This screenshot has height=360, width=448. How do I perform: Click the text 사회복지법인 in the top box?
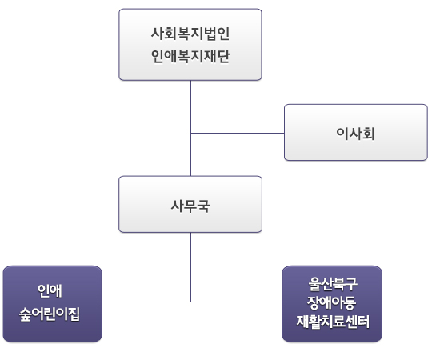coord(190,34)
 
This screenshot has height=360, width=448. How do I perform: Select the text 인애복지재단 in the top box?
coord(190,56)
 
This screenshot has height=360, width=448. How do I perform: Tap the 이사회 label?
coord(355,133)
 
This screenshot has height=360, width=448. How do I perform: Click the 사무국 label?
coord(190,206)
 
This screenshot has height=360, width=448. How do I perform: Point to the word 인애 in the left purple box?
coord(50,291)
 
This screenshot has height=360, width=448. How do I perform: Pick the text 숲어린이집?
coord(50,314)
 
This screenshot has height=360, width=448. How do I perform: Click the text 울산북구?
coord(333,284)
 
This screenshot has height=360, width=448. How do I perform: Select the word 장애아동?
coord(331,302)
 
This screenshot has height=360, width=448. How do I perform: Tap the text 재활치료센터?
coord(333,322)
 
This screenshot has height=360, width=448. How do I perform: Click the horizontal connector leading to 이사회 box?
coord(238,133)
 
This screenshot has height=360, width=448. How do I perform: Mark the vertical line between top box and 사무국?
coord(191,128)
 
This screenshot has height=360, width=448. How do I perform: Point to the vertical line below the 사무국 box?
coord(191,267)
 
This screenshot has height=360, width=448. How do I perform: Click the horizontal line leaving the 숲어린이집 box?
coord(146,302)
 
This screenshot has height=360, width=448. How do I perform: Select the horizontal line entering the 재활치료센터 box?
coord(237,302)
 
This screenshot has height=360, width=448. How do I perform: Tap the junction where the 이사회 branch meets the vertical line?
coord(191,133)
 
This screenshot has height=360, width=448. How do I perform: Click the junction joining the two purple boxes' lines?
coord(191,302)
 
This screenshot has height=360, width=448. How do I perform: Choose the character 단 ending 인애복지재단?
coord(224,56)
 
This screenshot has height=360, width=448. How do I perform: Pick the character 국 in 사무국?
coord(204,206)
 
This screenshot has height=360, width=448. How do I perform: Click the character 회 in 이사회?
coord(369,133)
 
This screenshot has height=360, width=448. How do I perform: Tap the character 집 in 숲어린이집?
coord(74,314)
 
